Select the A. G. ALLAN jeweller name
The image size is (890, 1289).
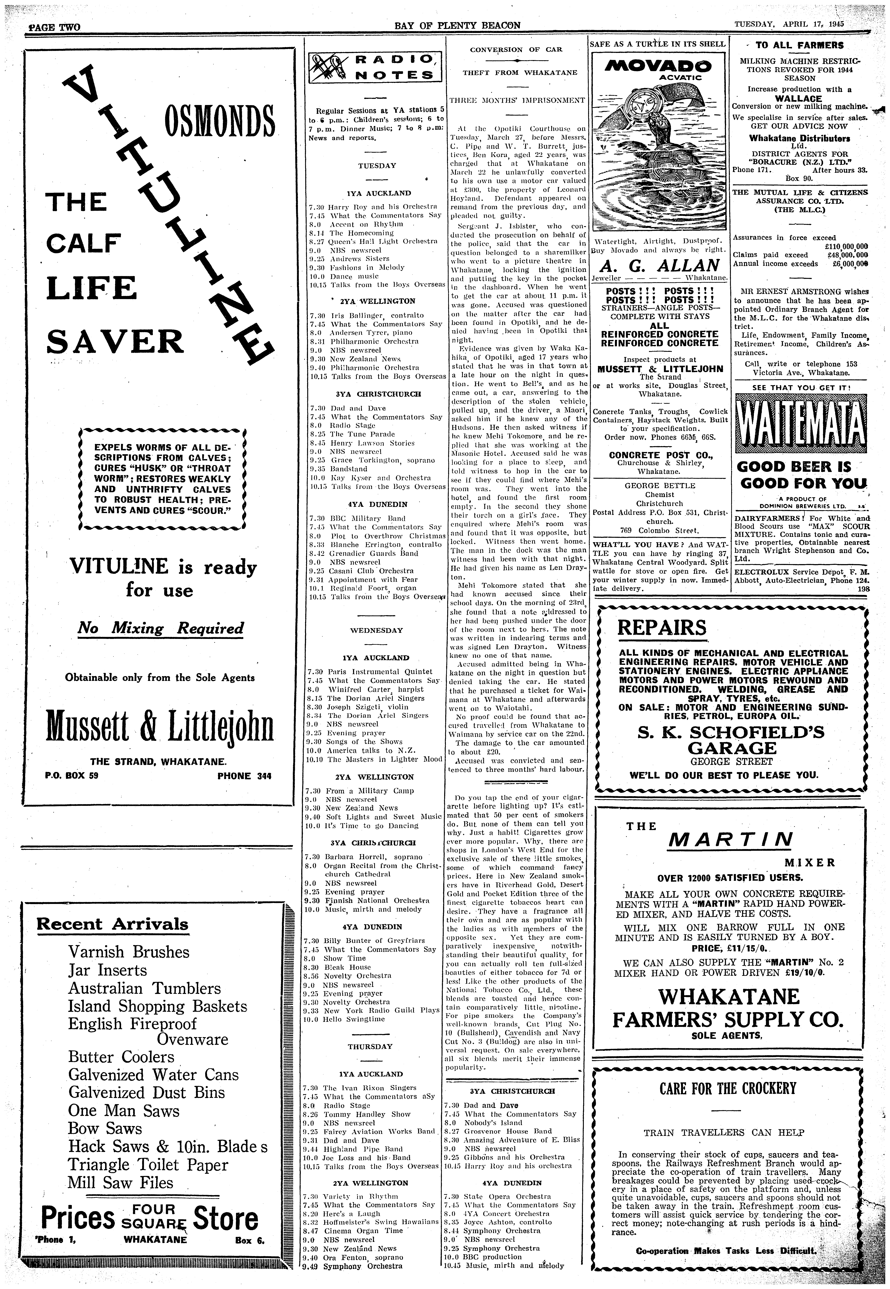click(x=660, y=265)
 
